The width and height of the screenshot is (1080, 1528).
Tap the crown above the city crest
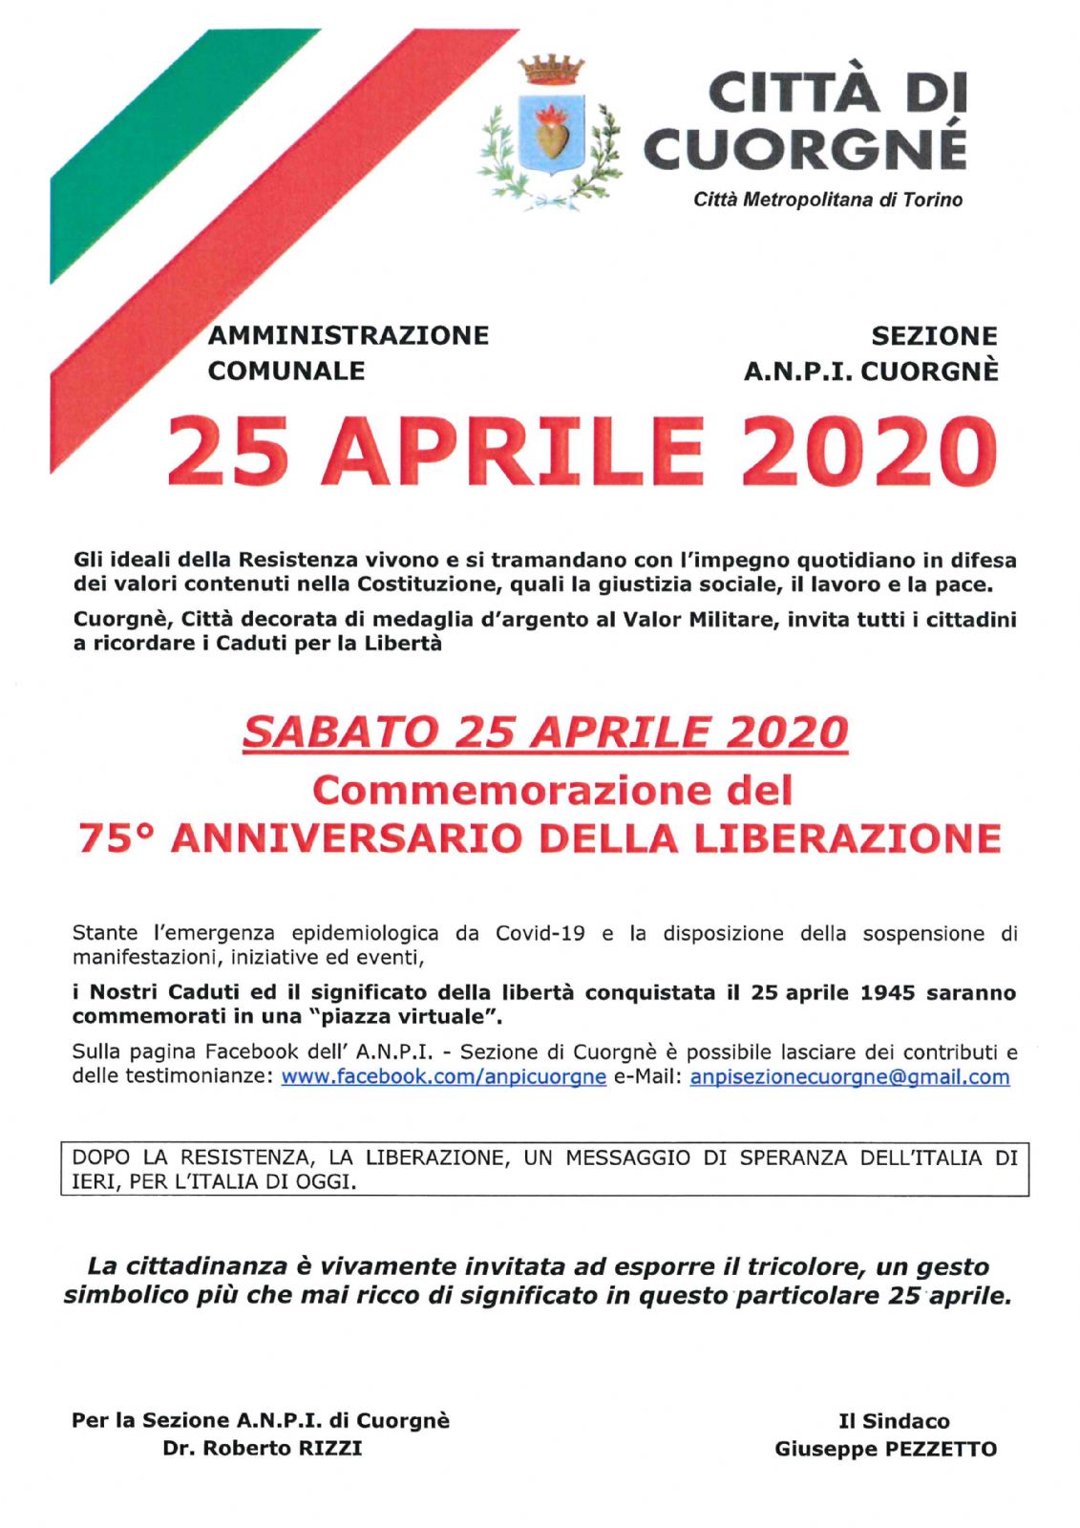coord(551,70)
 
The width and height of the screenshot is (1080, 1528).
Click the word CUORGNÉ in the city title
coord(805,147)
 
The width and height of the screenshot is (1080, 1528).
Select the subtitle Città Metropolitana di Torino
coord(828,201)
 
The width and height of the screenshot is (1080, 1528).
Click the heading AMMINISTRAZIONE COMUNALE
coord(348,352)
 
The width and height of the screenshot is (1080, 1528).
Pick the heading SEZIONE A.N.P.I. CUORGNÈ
coord(871,353)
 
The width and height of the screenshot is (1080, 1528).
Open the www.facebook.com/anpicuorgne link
coord(443,1077)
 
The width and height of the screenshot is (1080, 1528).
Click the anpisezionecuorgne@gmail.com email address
coord(849,1077)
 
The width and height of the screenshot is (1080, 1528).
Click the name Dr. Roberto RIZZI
coord(263,1449)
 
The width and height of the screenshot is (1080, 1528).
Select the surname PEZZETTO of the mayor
coord(940,1450)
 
